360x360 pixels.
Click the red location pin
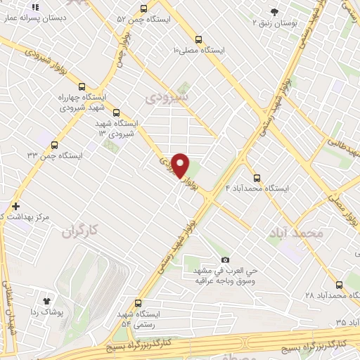tap(181, 165)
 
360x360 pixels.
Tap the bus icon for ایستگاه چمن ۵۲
tap(143, 8)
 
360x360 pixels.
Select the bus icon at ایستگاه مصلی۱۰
tap(199, 39)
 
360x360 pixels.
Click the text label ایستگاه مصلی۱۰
tap(199, 51)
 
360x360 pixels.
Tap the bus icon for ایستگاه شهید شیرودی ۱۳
tap(116, 112)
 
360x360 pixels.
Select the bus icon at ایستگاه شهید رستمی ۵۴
tap(139, 302)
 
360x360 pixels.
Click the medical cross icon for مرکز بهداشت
tap(16, 205)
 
